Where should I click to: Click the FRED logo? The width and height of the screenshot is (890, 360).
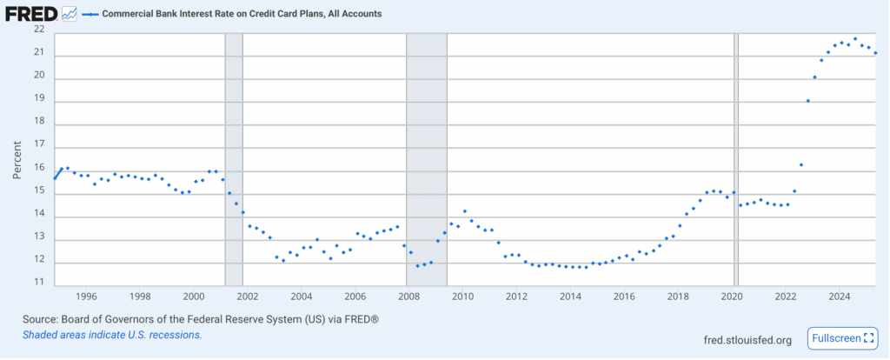click(x=31, y=15)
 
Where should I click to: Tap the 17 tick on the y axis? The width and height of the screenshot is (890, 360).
click(x=38, y=148)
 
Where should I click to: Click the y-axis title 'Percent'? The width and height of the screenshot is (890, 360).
click(x=17, y=160)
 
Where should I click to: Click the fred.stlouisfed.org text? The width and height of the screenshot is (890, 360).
click(x=747, y=340)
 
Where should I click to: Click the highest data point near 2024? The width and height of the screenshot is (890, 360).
click(x=855, y=39)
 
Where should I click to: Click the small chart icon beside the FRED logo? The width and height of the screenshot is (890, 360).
click(x=69, y=15)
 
